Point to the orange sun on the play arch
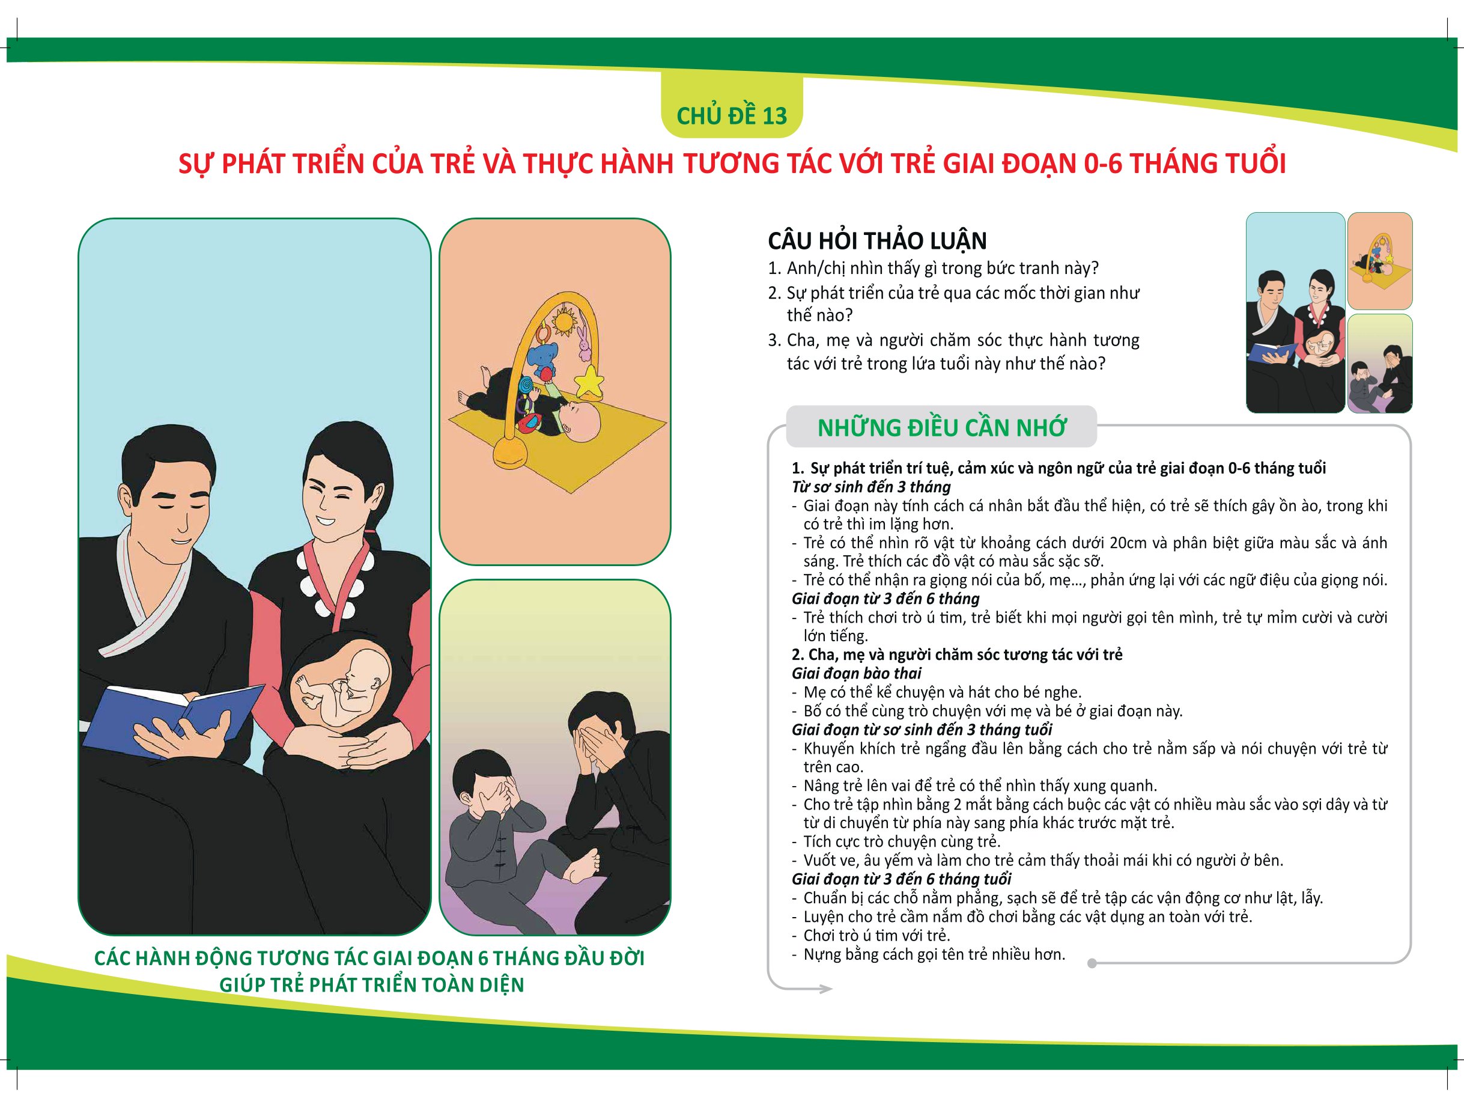click(565, 321)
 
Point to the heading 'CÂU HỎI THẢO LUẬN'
click(877, 240)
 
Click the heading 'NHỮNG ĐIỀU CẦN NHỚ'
click(941, 428)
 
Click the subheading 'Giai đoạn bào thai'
click(857, 673)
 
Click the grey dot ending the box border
click(1092, 963)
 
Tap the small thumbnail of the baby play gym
click(1380, 261)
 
